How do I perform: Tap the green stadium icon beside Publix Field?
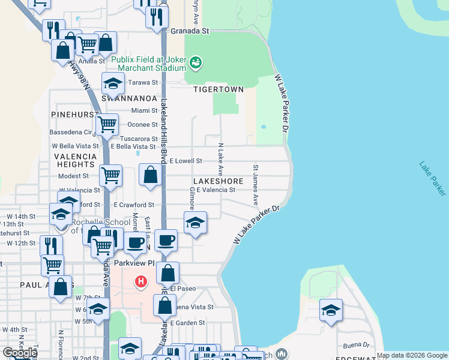(x=196, y=62)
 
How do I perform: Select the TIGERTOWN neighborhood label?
(x=218, y=89)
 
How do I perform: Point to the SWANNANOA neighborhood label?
(x=129, y=98)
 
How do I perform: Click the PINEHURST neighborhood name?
(x=75, y=114)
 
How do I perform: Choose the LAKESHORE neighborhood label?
(x=218, y=181)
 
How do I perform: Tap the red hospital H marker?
(x=140, y=281)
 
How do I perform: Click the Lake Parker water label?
(x=432, y=178)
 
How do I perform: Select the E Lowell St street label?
(x=186, y=161)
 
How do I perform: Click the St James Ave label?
(x=255, y=185)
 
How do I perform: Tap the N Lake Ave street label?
(x=220, y=159)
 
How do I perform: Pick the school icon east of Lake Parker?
(x=331, y=310)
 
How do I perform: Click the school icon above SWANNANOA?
(x=113, y=83)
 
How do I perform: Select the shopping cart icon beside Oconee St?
(x=107, y=125)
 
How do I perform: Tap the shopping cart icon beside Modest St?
(x=110, y=175)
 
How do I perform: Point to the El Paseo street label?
(x=183, y=289)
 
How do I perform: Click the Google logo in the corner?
(x=20, y=353)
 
